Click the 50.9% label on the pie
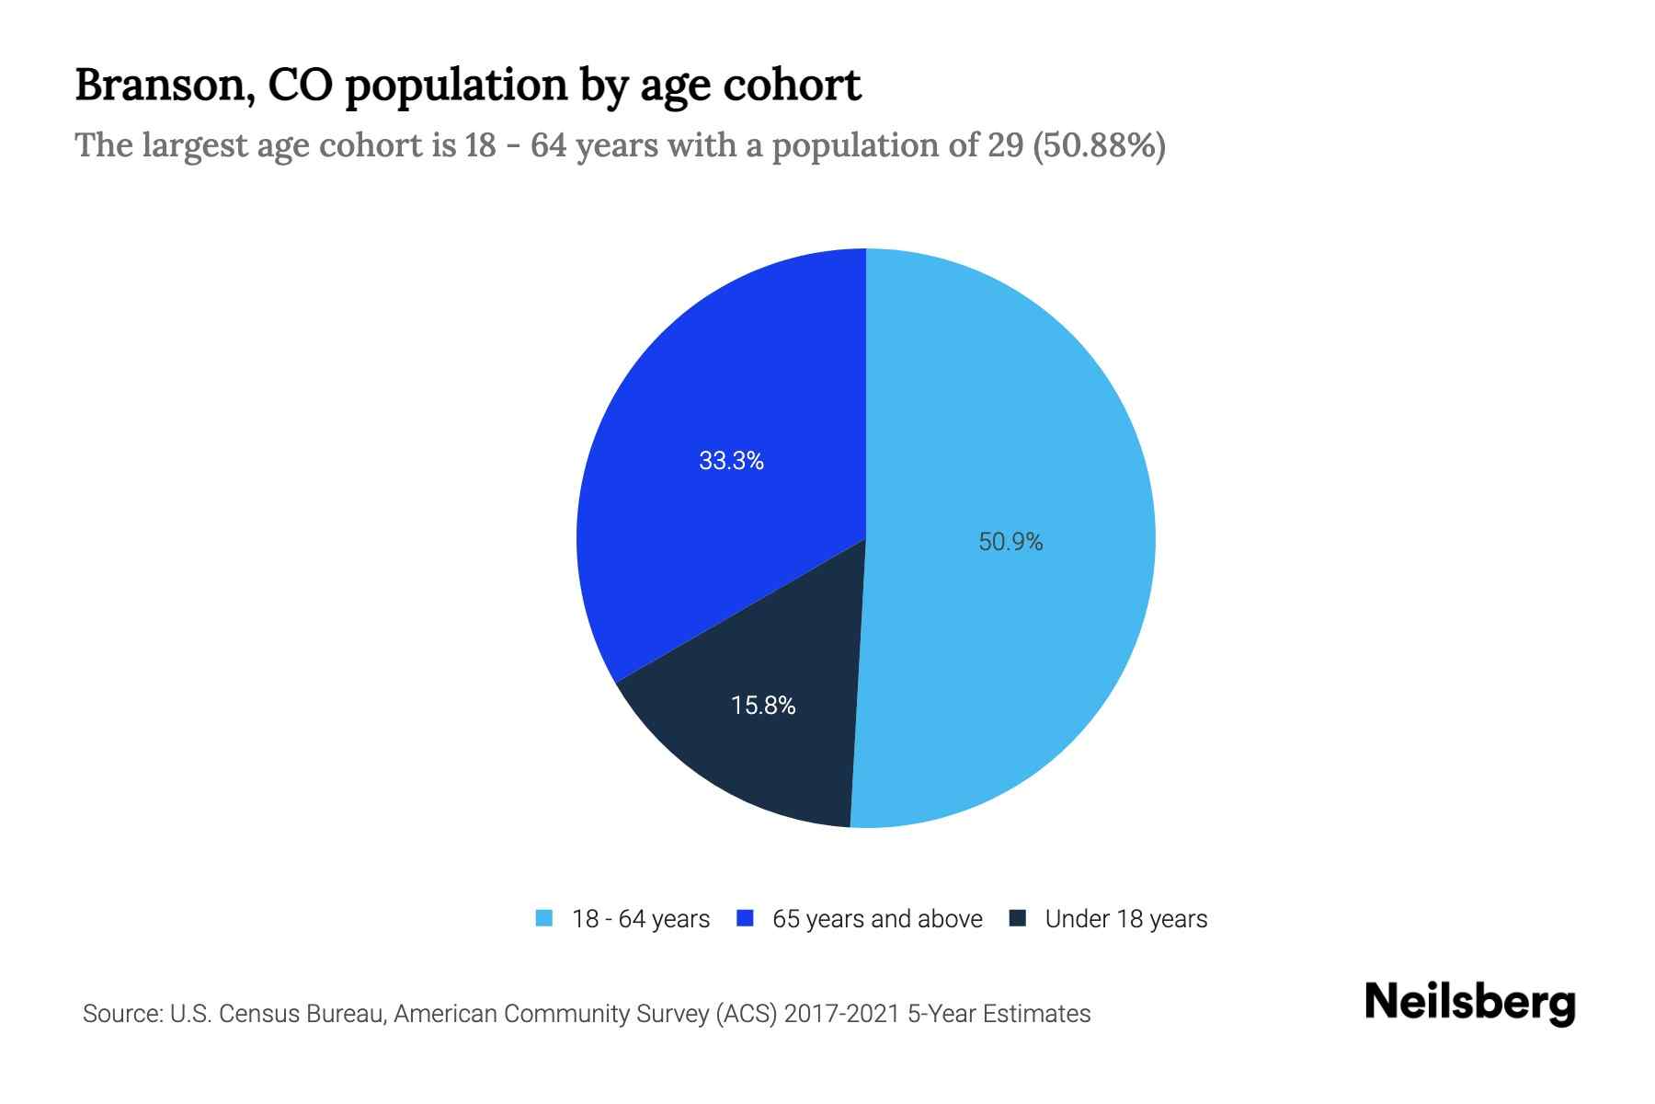[1010, 542]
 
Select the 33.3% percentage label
[731, 461]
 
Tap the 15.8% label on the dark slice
[763, 706]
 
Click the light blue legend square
[544, 918]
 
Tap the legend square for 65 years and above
[746, 918]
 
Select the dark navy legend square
[1018, 918]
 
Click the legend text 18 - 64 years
[641, 919]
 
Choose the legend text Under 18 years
[1126, 919]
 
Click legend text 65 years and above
[877, 919]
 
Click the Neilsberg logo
[1469, 1003]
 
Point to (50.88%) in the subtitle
[1100, 145]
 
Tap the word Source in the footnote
[121, 1014]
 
